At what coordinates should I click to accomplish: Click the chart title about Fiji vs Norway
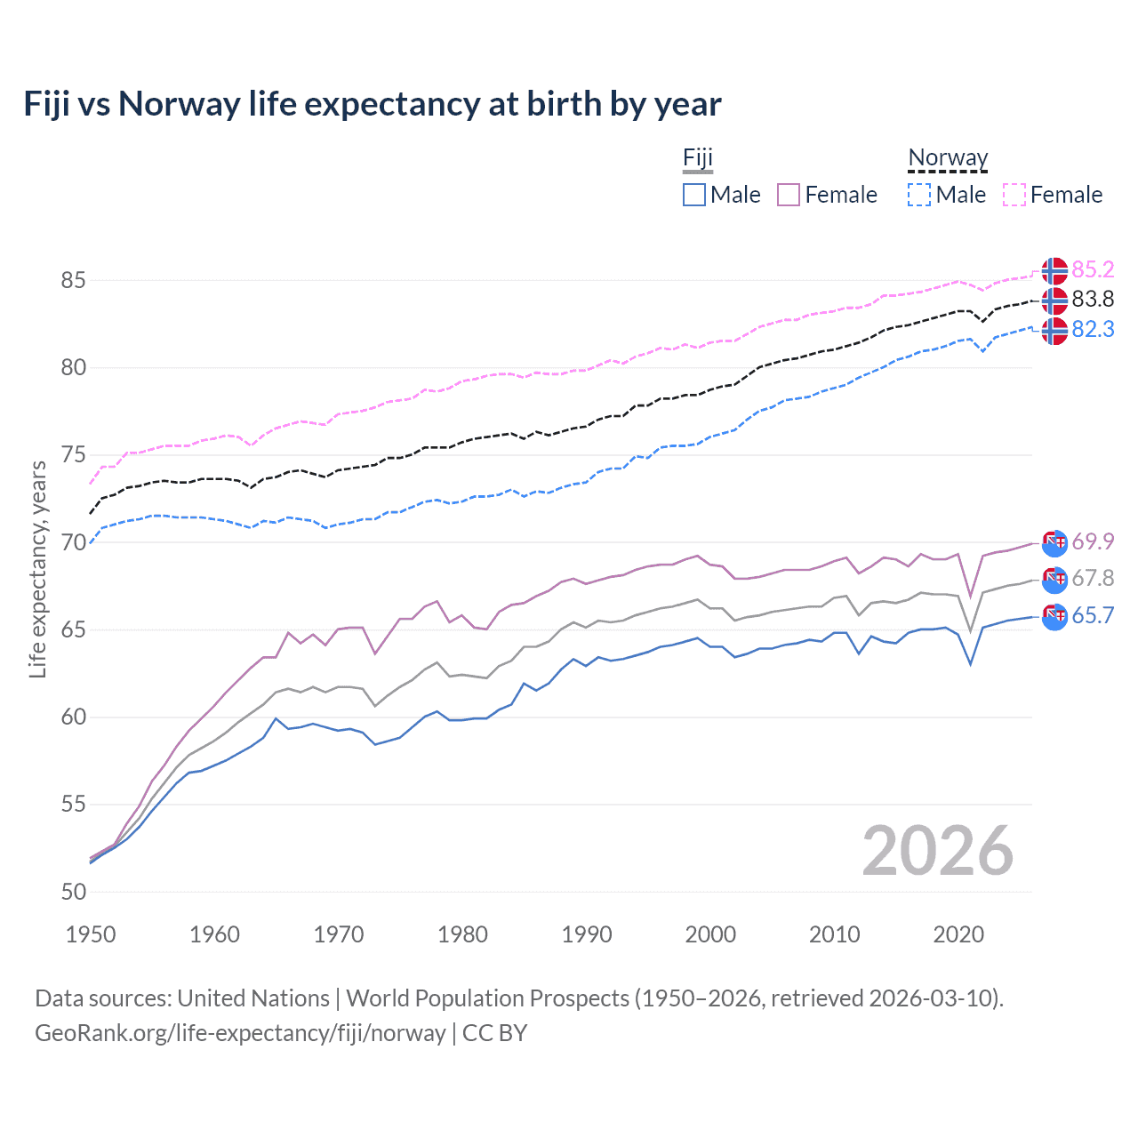[372, 104]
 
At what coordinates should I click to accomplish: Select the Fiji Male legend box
[694, 195]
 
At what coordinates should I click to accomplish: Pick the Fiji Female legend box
[789, 195]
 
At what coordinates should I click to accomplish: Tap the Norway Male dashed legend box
[919, 195]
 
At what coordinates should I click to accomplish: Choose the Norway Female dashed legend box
[1014, 195]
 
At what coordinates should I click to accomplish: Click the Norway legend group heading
[948, 157]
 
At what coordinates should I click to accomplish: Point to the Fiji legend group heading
[698, 157]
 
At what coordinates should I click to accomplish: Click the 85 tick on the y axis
[73, 280]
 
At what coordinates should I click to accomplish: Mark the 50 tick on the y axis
[73, 892]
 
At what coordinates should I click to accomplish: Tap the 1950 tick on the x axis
[91, 934]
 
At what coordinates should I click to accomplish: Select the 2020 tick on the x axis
[958, 934]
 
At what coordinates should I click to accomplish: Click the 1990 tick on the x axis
[586, 934]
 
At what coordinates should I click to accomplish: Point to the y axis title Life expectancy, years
[37, 569]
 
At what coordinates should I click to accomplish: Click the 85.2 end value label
[1093, 269]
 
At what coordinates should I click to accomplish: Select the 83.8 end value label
[1093, 299]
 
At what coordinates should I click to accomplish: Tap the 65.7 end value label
[1093, 615]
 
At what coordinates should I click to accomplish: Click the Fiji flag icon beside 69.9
[1054, 541]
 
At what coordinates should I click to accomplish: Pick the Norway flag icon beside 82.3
[1054, 331]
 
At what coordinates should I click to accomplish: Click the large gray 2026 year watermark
[937, 851]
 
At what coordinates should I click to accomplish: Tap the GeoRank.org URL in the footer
[240, 1033]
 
